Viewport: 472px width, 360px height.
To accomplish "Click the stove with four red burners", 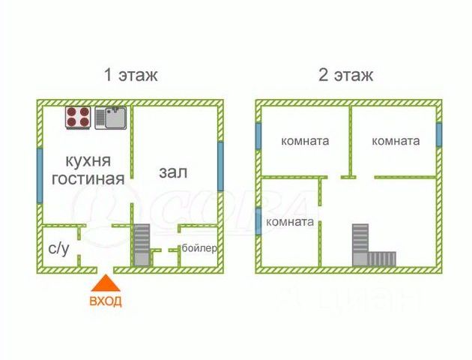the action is [78, 118].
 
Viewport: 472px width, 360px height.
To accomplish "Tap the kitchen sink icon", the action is [111, 118].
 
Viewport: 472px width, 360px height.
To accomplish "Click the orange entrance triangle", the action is [106, 283].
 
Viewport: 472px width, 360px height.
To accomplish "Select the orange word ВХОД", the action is [106, 301].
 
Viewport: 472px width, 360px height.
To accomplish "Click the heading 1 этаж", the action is [130, 75].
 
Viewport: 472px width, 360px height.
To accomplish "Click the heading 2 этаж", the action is [345, 75].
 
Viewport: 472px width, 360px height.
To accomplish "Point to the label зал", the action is [173, 172].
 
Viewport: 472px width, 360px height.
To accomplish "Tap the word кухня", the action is [88, 161].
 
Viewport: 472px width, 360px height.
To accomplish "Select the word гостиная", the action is [88, 178].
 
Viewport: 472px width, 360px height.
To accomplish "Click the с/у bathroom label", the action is [59, 248].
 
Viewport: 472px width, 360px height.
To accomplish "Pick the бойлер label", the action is [199, 248].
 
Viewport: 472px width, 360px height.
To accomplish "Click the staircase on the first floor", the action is [142, 245].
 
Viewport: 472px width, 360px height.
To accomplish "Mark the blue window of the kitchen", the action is [40, 175].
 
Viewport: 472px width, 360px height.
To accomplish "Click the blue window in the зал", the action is [221, 166].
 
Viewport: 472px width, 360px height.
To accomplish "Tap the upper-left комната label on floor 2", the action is [305, 141].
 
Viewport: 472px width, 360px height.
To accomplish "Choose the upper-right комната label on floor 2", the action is [396, 141].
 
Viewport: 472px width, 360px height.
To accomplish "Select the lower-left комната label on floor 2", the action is [290, 222].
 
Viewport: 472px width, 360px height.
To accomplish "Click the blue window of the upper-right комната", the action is [439, 134].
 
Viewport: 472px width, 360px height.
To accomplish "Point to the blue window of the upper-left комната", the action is [258, 136].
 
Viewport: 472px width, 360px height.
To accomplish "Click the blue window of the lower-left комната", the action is [258, 221].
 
